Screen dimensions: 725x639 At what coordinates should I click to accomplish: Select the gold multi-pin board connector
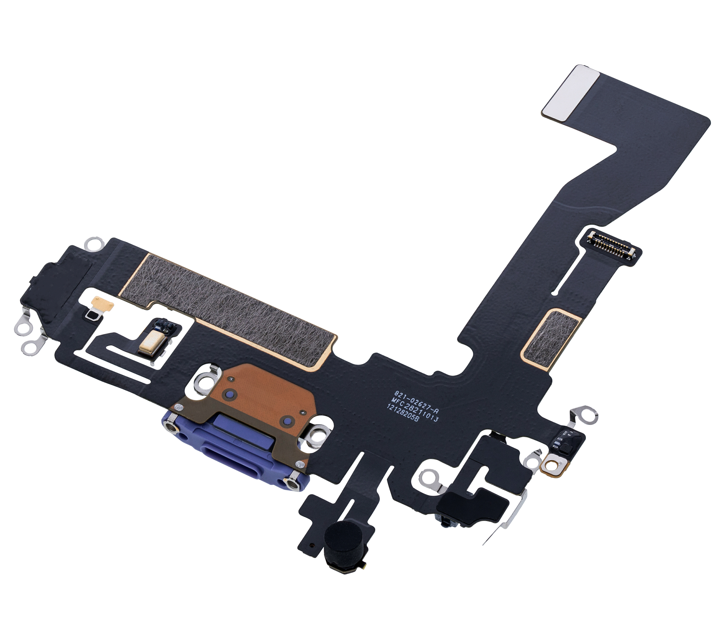pyautogui.click(x=613, y=248)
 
